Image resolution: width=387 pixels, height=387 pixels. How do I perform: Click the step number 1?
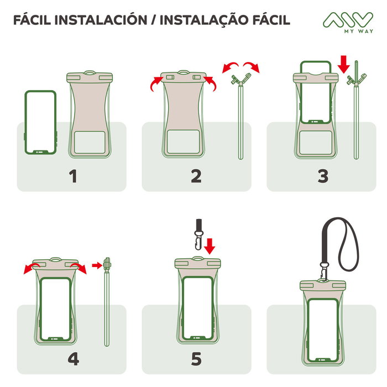tap(72, 176)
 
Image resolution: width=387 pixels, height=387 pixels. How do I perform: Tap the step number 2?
tap(196, 176)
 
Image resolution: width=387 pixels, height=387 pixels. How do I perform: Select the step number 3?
tap(322, 176)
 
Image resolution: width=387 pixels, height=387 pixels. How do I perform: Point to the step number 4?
tap(72, 359)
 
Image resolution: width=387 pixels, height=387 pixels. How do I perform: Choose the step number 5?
tap(196, 359)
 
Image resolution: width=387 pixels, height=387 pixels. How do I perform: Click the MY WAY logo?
tap(348, 23)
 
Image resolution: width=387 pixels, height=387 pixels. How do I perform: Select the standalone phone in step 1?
tap(41, 123)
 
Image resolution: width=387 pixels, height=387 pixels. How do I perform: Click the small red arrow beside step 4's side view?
tap(97, 266)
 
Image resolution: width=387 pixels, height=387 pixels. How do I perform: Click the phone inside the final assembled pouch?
tap(323, 328)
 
